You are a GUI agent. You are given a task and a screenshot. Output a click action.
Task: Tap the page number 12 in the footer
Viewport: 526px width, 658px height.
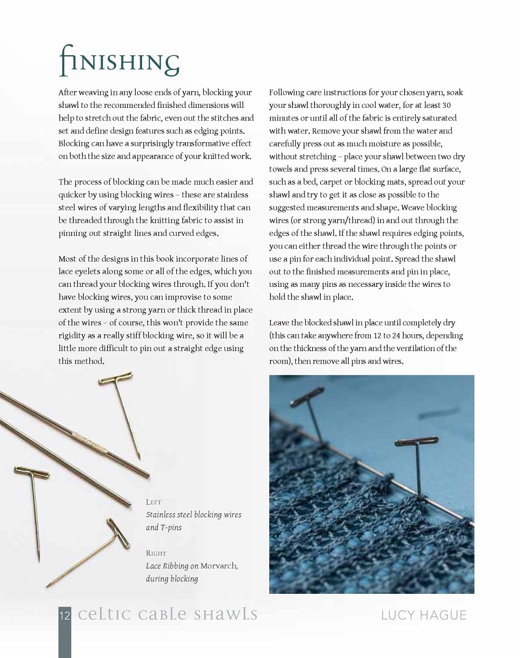click(x=64, y=615)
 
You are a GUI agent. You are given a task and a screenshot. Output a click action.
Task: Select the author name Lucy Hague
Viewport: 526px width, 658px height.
click(x=424, y=615)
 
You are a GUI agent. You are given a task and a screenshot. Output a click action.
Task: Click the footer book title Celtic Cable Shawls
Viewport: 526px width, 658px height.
click(x=168, y=614)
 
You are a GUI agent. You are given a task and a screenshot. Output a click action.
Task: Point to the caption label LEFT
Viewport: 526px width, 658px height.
click(x=154, y=502)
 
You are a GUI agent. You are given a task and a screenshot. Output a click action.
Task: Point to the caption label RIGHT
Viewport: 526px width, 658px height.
click(x=156, y=553)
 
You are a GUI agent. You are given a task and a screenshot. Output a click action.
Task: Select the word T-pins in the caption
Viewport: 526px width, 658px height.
click(x=171, y=527)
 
